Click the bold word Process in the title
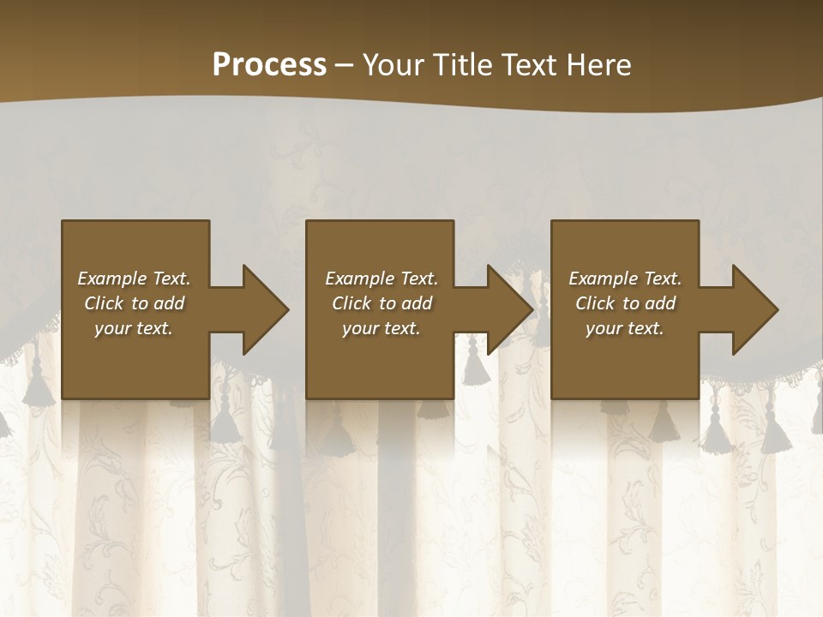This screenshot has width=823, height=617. (269, 65)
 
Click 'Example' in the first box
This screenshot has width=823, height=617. (110, 279)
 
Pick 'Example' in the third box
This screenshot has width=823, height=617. (601, 279)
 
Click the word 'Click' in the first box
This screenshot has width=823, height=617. (104, 303)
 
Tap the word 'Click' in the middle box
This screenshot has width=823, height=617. (351, 303)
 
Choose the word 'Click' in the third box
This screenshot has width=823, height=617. (595, 303)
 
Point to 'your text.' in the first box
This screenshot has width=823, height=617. (134, 328)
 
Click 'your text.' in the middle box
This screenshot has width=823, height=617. (381, 328)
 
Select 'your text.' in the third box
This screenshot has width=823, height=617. (625, 328)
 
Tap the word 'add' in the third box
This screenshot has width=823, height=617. (661, 303)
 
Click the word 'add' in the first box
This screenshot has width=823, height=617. (170, 303)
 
